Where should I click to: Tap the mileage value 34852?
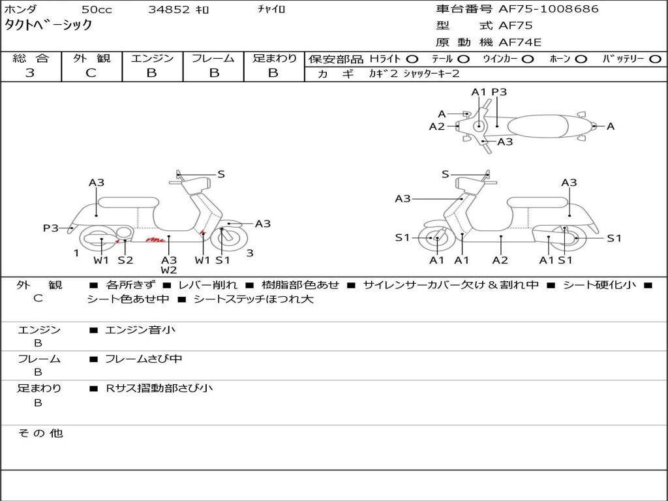[x=169, y=10]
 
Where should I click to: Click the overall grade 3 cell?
[x=30, y=73]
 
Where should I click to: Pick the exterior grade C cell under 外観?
[x=91, y=73]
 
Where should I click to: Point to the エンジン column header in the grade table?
[x=152, y=59]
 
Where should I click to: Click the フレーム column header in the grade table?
[x=213, y=59]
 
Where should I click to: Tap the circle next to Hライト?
[x=412, y=59]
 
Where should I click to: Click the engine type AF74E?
[x=520, y=42]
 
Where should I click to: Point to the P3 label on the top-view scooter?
[x=499, y=92]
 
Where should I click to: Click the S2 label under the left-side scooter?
[x=125, y=260]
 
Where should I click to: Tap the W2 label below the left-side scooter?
[x=169, y=270]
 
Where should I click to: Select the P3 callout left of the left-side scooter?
[x=51, y=228]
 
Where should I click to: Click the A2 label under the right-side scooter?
[x=500, y=260]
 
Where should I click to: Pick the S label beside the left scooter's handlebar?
[x=221, y=174]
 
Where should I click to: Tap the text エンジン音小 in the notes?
[x=140, y=330]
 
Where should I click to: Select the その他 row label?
[x=40, y=433]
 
